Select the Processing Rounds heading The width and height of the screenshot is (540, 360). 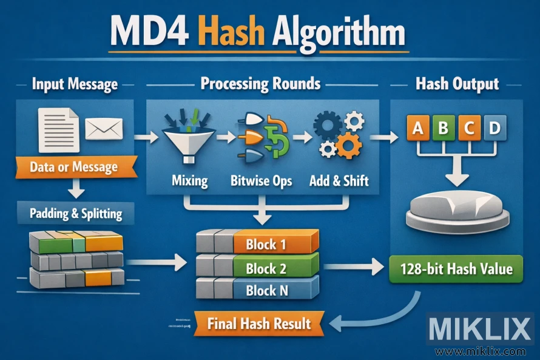click(x=260, y=83)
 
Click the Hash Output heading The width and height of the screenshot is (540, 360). click(x=457, y=84)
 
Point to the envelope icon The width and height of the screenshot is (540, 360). click(x=104, y=129)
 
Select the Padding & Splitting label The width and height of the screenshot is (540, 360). click(x=76, y=214)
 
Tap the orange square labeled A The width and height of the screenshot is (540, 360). click(x=417, y=128)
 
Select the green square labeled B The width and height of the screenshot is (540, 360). click(x=442, y=128)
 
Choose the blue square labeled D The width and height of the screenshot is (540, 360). click(x=494, y=128)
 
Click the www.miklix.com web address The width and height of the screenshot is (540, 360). click(x=480, y=351)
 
